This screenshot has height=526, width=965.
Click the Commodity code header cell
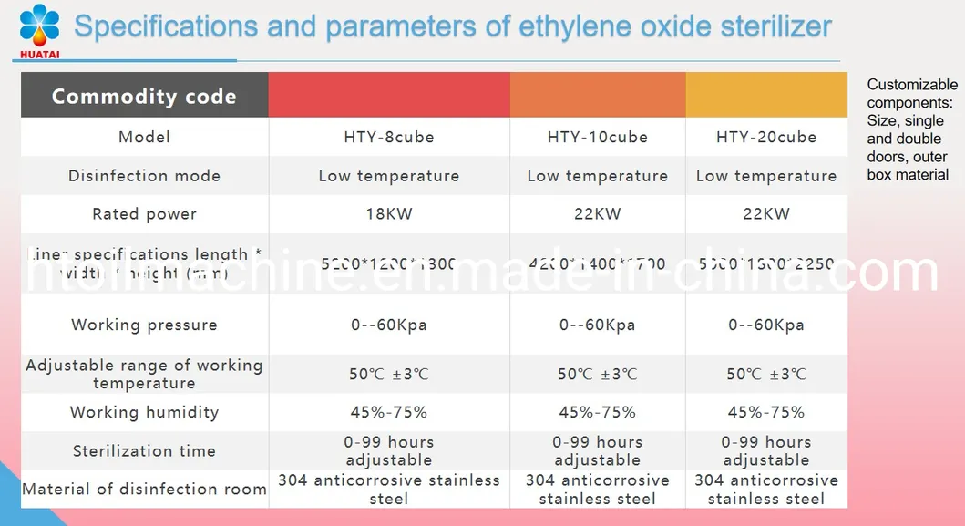pos(144,97)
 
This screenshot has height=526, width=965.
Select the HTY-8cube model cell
pos(388,138)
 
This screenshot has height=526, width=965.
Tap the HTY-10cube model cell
pos(597,138)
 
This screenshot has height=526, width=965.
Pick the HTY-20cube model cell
pos(765,138)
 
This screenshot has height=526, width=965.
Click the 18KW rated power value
pos(388,214)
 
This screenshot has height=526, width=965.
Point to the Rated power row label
pos(144,214)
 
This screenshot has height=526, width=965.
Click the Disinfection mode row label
pos(144,176)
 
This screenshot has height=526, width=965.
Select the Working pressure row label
pos(144,325)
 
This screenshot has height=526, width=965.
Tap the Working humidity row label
pos(144,412)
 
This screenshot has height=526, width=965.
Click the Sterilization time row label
pos(144,450)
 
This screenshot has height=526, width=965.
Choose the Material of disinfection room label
pos(144,490)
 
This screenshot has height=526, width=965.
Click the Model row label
pos(144,138)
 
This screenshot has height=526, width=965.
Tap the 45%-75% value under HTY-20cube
pos(765,412)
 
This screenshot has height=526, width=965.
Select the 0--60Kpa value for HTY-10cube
pos(597,325)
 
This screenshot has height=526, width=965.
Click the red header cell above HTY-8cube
pos(388,95)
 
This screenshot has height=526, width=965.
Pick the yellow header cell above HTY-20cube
pos(765,95)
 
